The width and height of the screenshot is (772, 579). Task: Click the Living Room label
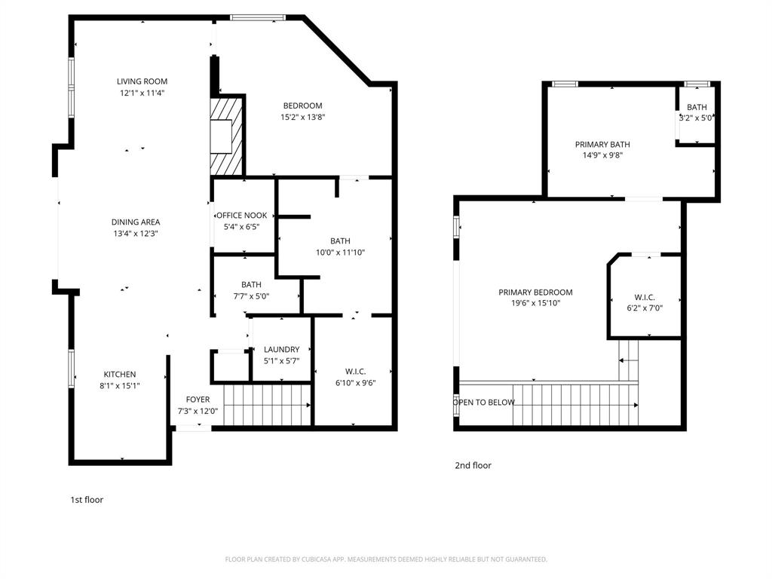tap(142, 81)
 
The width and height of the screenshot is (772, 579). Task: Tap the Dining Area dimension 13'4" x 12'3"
tap(136, 234)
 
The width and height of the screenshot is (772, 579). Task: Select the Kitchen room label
tap(120, 374)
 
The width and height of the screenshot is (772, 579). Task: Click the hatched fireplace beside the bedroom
tap(226, 136)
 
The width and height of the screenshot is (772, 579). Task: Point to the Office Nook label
tap(242, 215)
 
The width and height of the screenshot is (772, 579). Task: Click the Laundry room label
tap(281, 349)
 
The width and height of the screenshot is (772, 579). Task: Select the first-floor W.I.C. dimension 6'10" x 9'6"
tap(355, 382)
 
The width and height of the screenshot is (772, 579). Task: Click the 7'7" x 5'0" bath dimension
tap(251, 296)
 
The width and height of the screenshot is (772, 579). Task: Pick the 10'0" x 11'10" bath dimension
tap(340, 253)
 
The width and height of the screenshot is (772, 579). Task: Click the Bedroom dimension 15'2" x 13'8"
tap(302, 117)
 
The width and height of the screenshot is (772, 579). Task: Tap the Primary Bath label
tap(602, 144)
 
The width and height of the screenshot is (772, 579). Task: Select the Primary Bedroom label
tap(535, 292)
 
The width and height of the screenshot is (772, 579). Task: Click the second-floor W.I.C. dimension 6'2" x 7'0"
tap(645, 308)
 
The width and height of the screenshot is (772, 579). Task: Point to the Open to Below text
tap(484, 402)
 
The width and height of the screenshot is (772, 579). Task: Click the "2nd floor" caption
tap(473, 465)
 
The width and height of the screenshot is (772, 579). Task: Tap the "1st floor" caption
tap(87, 499)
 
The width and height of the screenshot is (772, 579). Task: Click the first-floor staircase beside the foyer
tap(267, 405)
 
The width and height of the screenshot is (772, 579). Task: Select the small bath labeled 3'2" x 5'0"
tap(697, 112)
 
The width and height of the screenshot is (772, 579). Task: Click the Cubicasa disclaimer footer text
tap(386, 559)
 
